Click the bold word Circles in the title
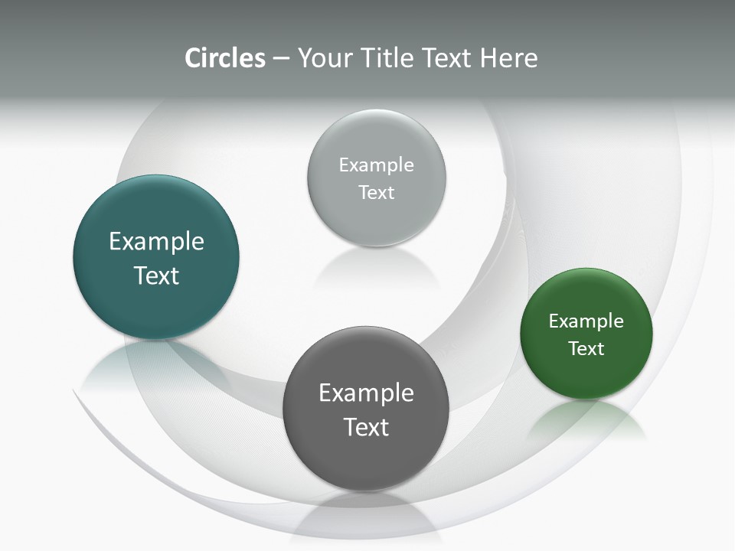click(x=224, y=58)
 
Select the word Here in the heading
click(x=508, y=58)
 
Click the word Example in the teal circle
click(x=156, y=242)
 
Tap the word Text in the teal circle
click(x=156, y=275)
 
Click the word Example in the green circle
click(x=586, y=321)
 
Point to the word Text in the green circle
click(x=586, y=349)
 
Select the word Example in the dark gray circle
click(x=366, y=393)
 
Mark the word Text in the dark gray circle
click(x=366, y=427)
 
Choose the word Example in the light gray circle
click(x=377, y=165)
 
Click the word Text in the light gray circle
click(x=377, y=193)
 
